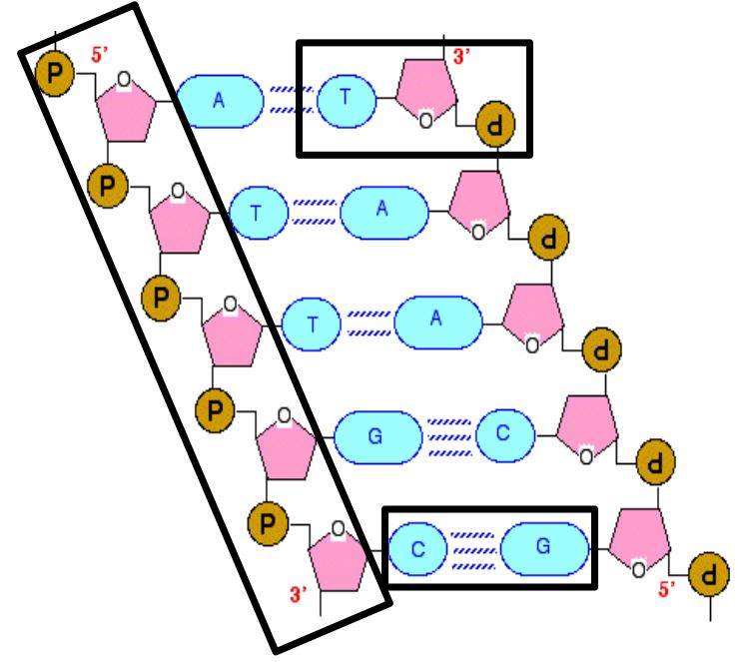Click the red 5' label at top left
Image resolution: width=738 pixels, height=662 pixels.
[99, 54]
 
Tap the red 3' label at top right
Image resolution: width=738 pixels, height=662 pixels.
[461, 56]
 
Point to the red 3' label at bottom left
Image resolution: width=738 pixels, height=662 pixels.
[298, 594]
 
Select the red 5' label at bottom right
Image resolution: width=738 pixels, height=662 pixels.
[666, 588]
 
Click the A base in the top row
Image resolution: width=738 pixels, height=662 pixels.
[220, 101]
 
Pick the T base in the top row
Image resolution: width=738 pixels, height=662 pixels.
[347, 100]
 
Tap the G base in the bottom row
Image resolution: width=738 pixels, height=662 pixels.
[544, 548]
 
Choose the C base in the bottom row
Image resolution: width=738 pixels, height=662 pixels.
[417, 548]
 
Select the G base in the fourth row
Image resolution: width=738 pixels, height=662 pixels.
[377, 437]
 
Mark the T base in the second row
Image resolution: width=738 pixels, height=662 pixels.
[258, 213]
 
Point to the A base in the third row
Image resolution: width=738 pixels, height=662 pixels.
[438, 323]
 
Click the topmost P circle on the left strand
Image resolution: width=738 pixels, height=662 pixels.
[55, 74]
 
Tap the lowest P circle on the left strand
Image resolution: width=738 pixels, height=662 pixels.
[268, 523]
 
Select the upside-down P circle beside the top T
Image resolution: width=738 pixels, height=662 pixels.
[495, 124]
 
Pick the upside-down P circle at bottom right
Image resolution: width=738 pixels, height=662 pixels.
[709, 575]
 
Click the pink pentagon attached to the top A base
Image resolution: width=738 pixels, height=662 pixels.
[126, 113]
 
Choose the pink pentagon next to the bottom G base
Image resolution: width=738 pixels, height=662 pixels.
[639, 538]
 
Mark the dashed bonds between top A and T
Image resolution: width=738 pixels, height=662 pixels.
[292, 99]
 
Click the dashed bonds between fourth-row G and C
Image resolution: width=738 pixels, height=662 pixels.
[449, 437]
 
